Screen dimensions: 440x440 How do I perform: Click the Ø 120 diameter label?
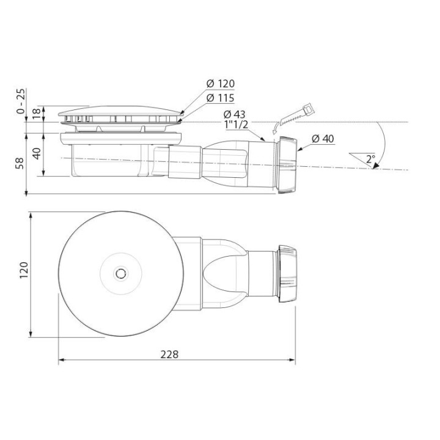pyautogui.click(x=220, y=84)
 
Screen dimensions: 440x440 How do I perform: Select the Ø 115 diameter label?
pyautogui.click(x=220, y=98)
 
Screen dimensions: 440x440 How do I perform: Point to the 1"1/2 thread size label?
pyautogui.click(x=237, y=125)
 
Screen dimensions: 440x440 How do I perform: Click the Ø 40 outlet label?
pyautogui.click(x=322, y=139)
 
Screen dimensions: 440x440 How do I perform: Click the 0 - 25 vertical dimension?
pyautogui.click(x=21, y=101)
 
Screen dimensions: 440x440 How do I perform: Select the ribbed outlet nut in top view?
pyautogui.click(x=287, y=273)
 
